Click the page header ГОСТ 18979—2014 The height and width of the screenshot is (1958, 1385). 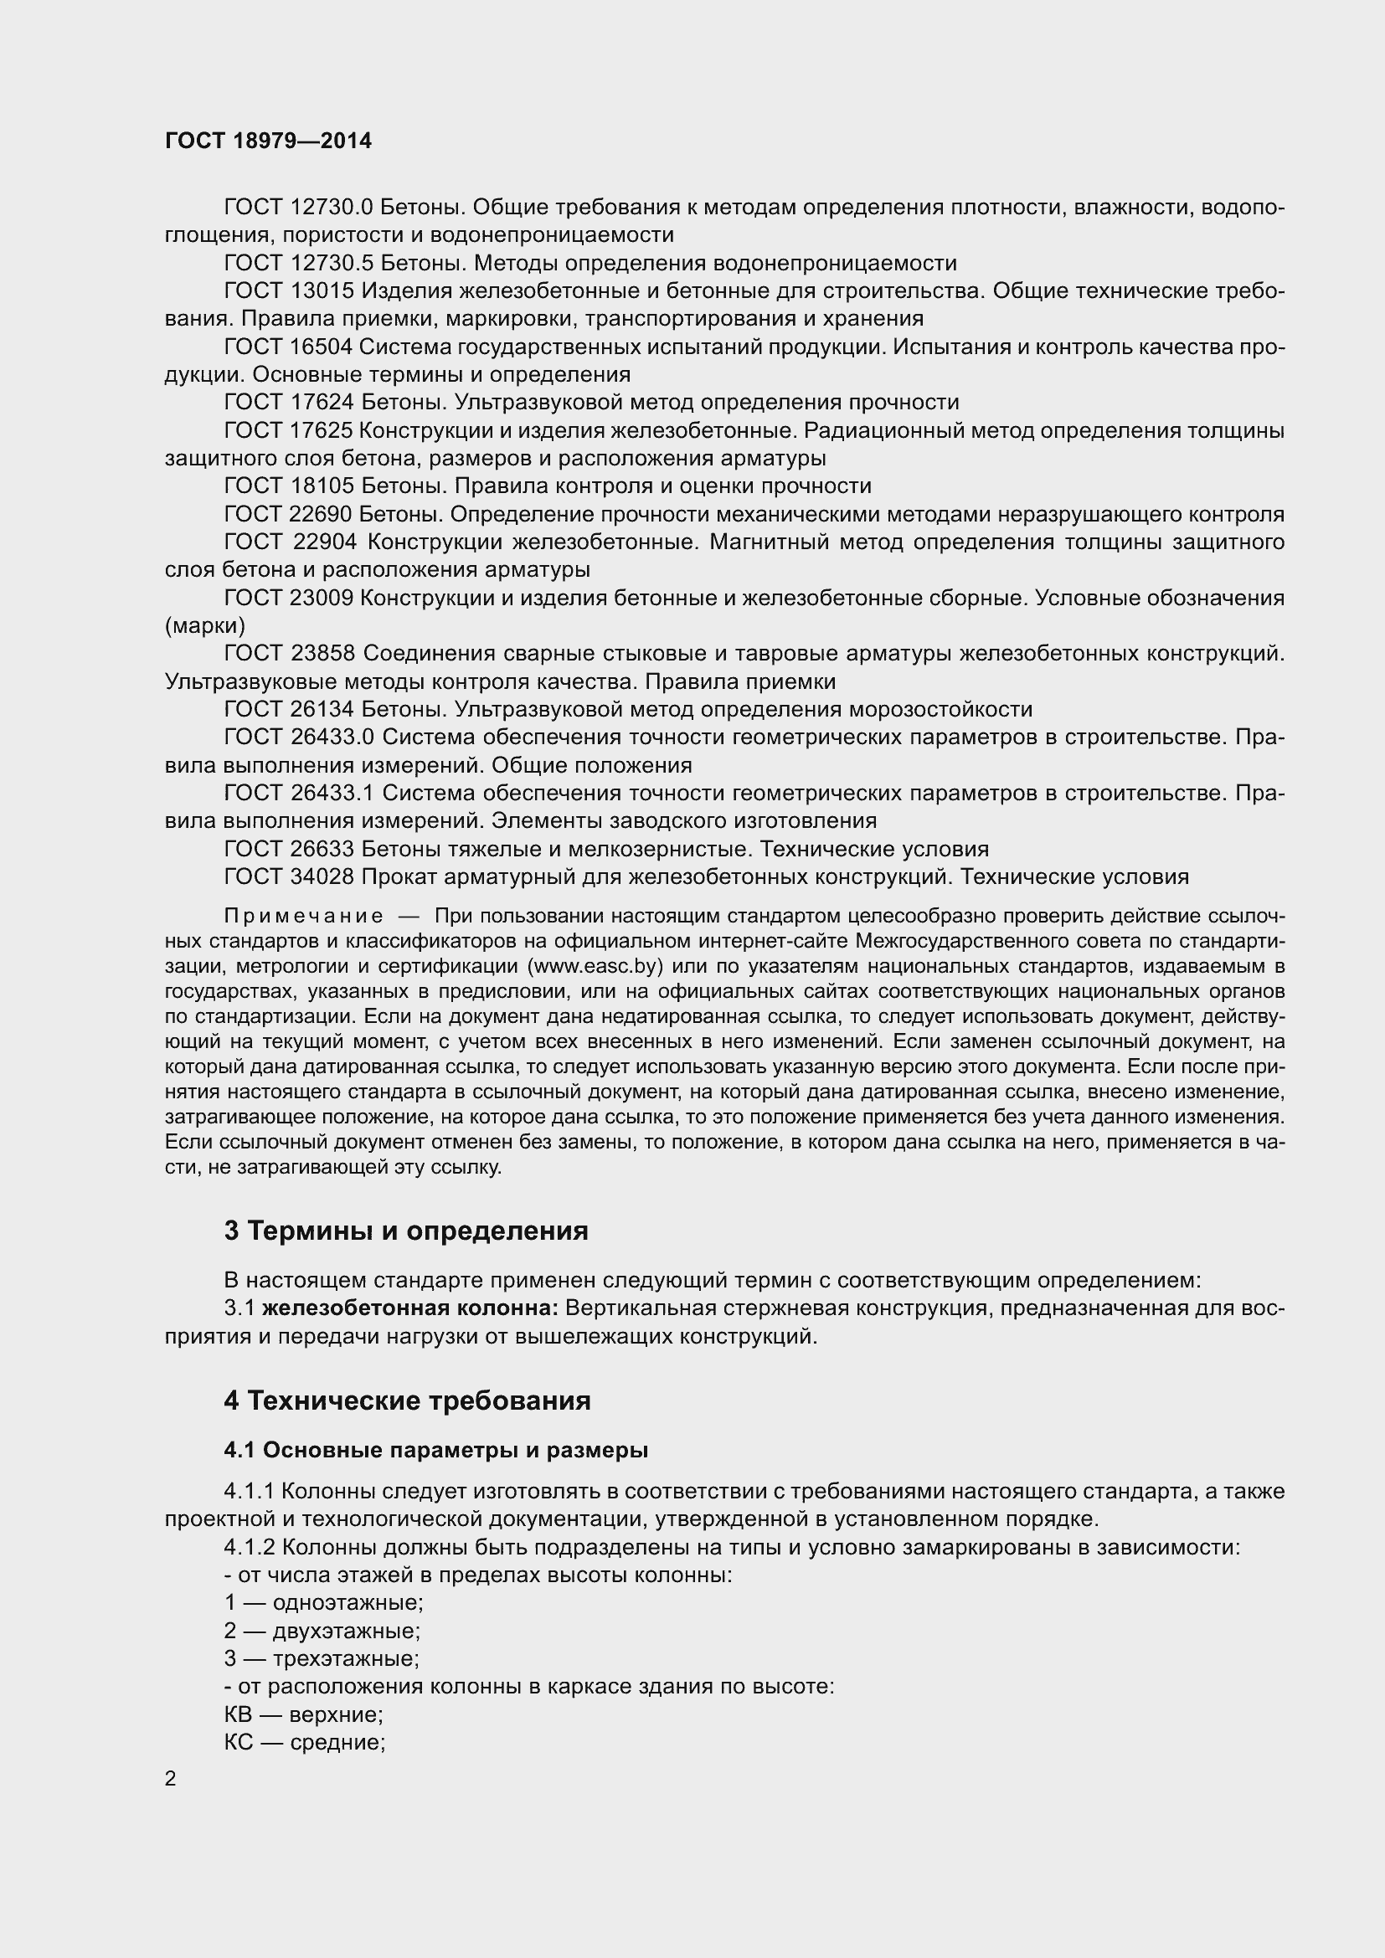tap(269, 141)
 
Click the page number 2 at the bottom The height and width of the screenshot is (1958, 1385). tap(171, 1779)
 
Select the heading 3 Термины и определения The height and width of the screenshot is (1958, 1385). tap(406, 1231)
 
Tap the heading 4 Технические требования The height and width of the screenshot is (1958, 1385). tap(407, 1400)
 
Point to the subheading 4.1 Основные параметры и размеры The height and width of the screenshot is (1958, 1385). tap(435, 1450)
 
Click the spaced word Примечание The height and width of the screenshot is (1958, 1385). tap(304, 916)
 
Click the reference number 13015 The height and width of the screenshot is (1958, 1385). tap(322, 290)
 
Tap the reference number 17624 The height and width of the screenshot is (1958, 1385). tap(323, 402)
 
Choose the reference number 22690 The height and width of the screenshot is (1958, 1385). tap(323, 514)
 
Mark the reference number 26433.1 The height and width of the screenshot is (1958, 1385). tap(332, 793)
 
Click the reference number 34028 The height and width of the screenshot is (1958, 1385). tap(323, 876)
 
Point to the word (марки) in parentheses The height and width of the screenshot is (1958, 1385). tap(204, 626)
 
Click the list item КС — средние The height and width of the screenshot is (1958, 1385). tap(305, 1742)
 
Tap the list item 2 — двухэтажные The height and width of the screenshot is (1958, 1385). tap(322, 1631)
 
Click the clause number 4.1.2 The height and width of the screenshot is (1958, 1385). tap(249, 1547)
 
